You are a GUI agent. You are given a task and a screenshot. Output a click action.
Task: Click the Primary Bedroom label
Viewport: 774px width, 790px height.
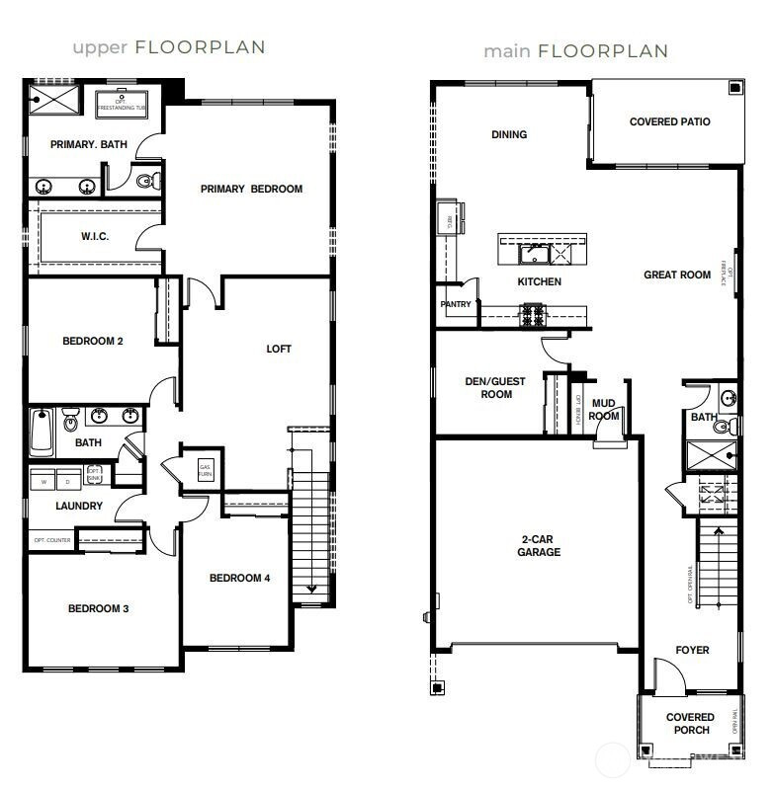click(251, 189)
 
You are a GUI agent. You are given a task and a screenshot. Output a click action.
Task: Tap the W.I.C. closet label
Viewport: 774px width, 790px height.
click(94, 237)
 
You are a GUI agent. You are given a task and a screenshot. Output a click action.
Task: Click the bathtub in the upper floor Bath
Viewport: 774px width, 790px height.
click(41, 431)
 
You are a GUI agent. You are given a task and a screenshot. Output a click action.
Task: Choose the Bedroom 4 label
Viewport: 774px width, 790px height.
click(239, 579)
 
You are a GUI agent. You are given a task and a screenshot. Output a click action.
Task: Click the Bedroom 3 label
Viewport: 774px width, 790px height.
click(98, 609)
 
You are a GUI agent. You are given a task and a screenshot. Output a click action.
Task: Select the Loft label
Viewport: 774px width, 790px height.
click(279, 350)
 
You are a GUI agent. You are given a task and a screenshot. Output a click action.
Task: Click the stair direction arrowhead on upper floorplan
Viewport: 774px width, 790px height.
click(312, 590)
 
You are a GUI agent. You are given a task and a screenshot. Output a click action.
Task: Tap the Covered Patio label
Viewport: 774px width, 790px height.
click(669, 122)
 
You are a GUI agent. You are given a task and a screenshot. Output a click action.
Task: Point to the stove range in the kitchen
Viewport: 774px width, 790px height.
click(533, 316)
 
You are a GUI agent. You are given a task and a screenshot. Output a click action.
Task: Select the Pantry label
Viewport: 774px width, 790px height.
click(456, 305)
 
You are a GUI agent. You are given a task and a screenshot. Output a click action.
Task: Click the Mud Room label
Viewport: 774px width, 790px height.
click(604, 410)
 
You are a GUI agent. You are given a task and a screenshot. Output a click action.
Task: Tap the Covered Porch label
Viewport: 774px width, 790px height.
click(689, 724)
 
